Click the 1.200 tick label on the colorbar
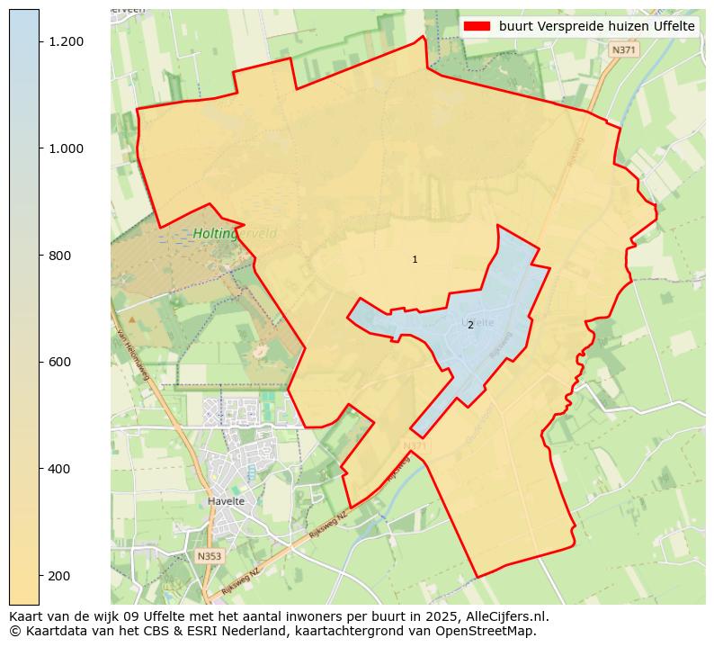(67, 42)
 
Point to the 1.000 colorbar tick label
(67, 148)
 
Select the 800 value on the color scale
(60, 256)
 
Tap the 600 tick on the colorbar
(60, 362)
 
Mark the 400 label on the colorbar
(60, 469)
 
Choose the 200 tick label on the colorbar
(60, 576)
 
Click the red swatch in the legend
(477, 27)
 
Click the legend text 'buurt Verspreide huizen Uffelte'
(597, 27)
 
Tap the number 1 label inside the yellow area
(415, 259)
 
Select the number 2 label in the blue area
(470, 325)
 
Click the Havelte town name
(225, 501)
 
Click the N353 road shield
(209, 556)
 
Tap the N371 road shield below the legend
(622, 50)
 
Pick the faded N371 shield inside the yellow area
(414, 446)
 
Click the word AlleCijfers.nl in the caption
(504, 617)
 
